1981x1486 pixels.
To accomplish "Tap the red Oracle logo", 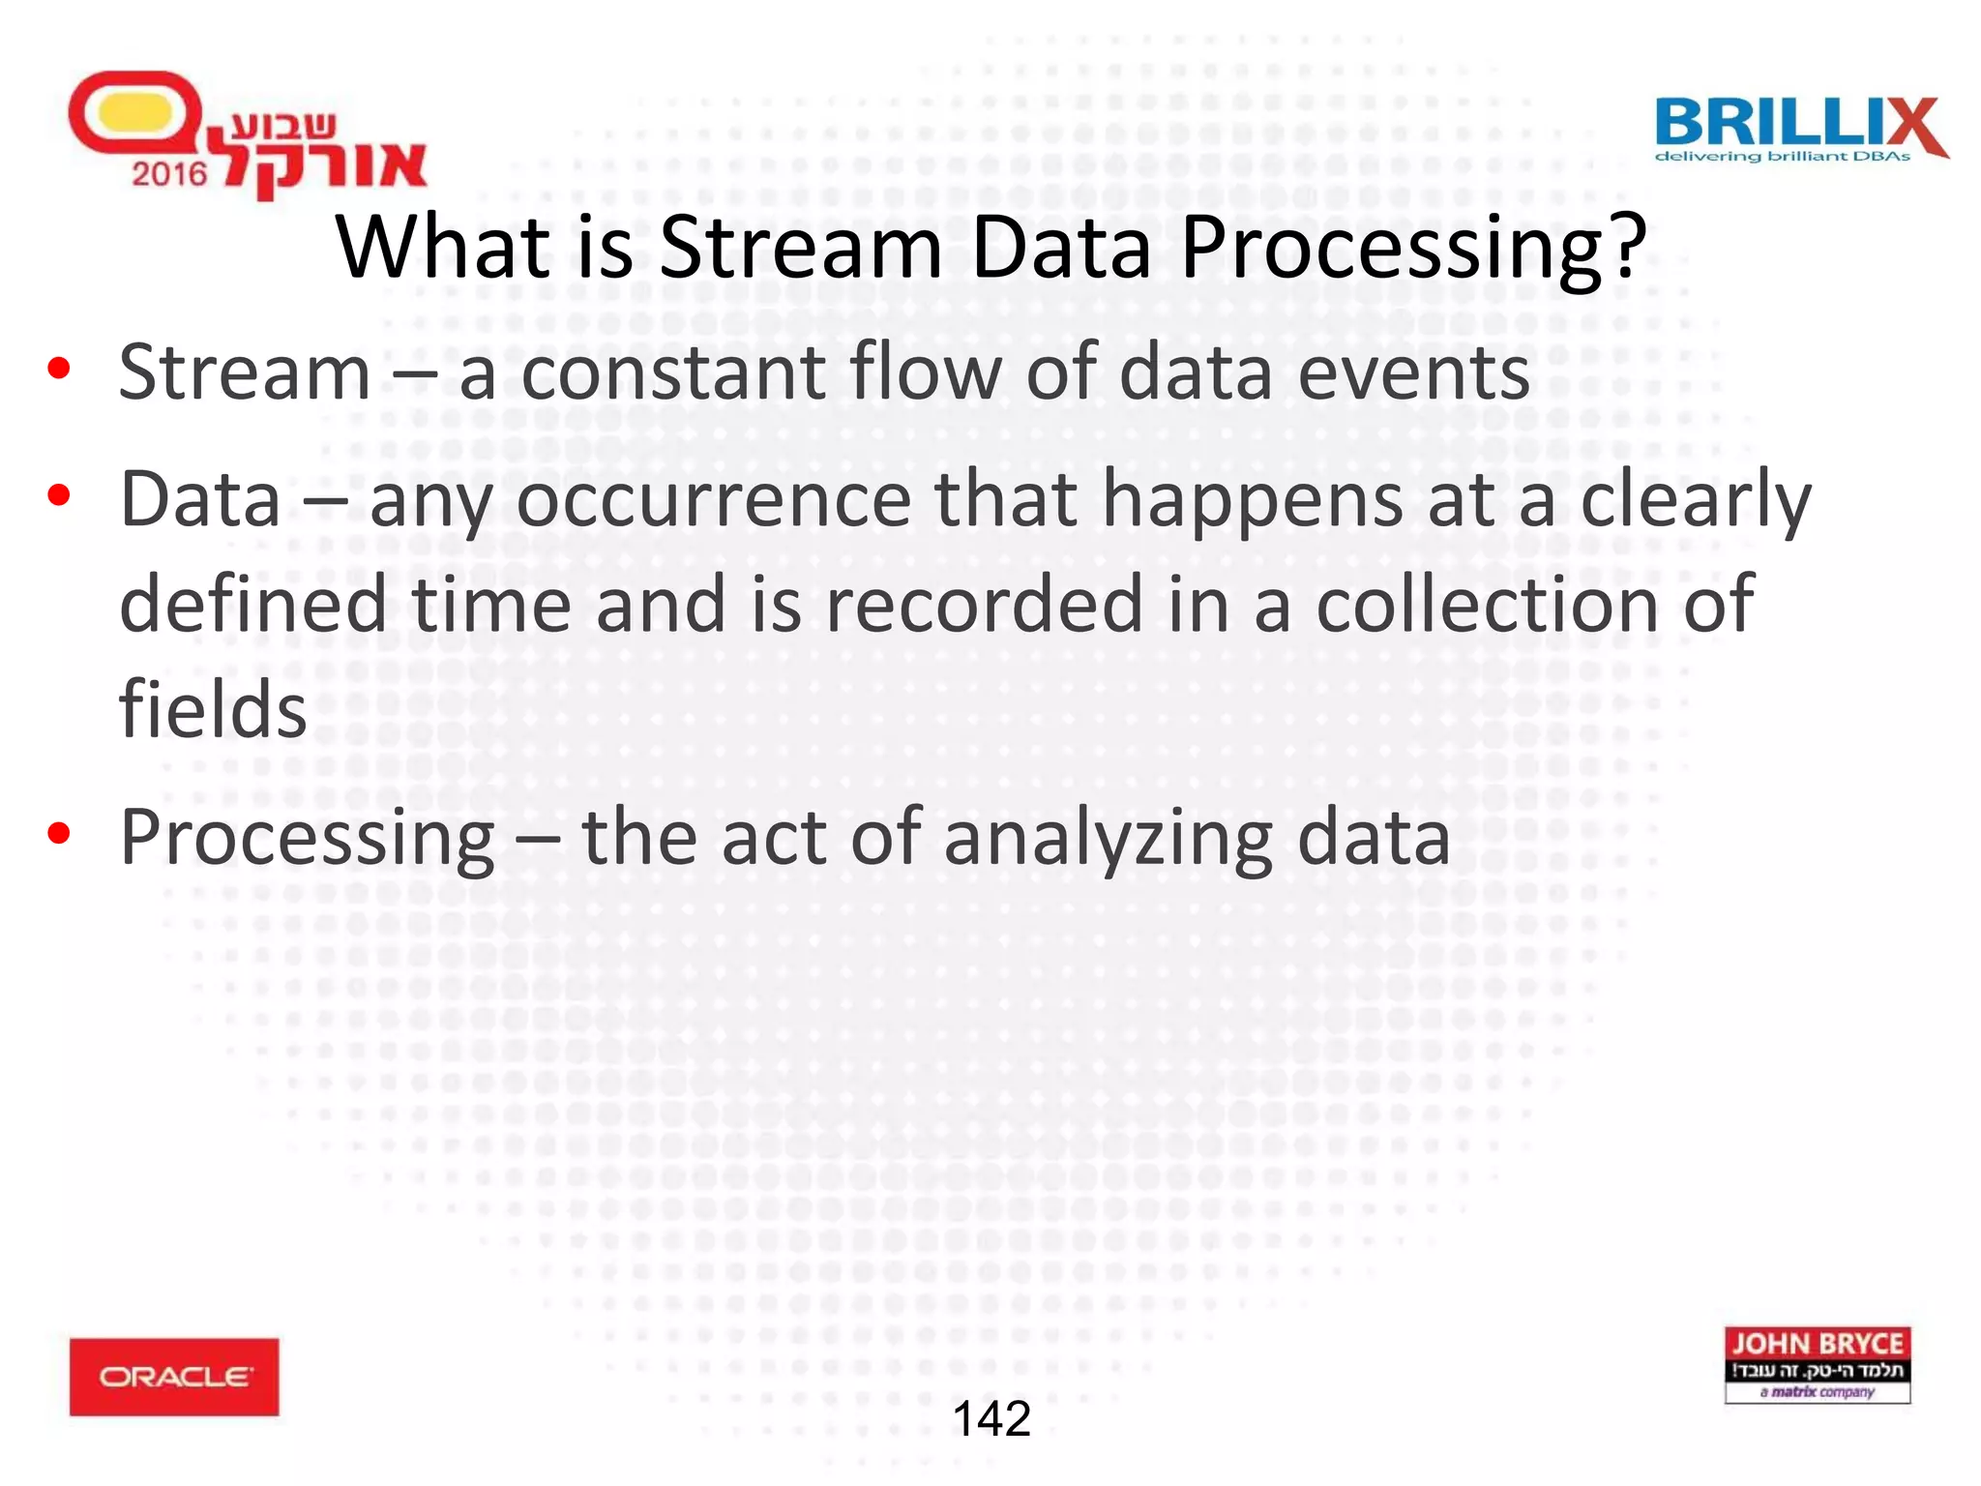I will [x=174, y=1376].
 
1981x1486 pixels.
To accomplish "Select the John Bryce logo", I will [x=1817, y=1364].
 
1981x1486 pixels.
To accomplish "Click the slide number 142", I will [x=991, y=1419].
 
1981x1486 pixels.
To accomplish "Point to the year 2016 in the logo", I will [x=169, y=174].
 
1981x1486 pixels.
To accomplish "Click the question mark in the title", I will [x=1621, y=248].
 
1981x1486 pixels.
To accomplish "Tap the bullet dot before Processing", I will [x=59, y=833].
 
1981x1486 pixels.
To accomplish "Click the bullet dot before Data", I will [x=59, y=495].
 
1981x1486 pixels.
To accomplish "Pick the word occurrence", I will [x=713, y=499].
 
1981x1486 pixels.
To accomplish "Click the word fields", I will [x=213, y=709].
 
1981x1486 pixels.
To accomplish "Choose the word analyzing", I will [x=1108, y=839].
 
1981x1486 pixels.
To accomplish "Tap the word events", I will [x=1413, y=373].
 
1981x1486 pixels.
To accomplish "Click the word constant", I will [x=673, y=373].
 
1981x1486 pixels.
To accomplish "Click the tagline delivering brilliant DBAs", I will [x=1782, y=157].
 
